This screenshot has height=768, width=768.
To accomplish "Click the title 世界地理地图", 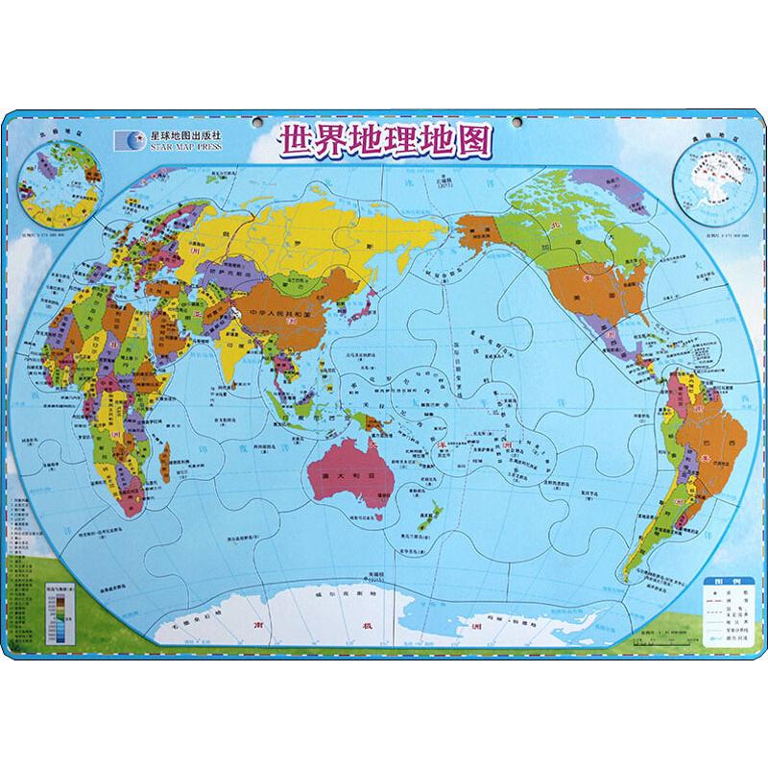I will click(x=383, y=140).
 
